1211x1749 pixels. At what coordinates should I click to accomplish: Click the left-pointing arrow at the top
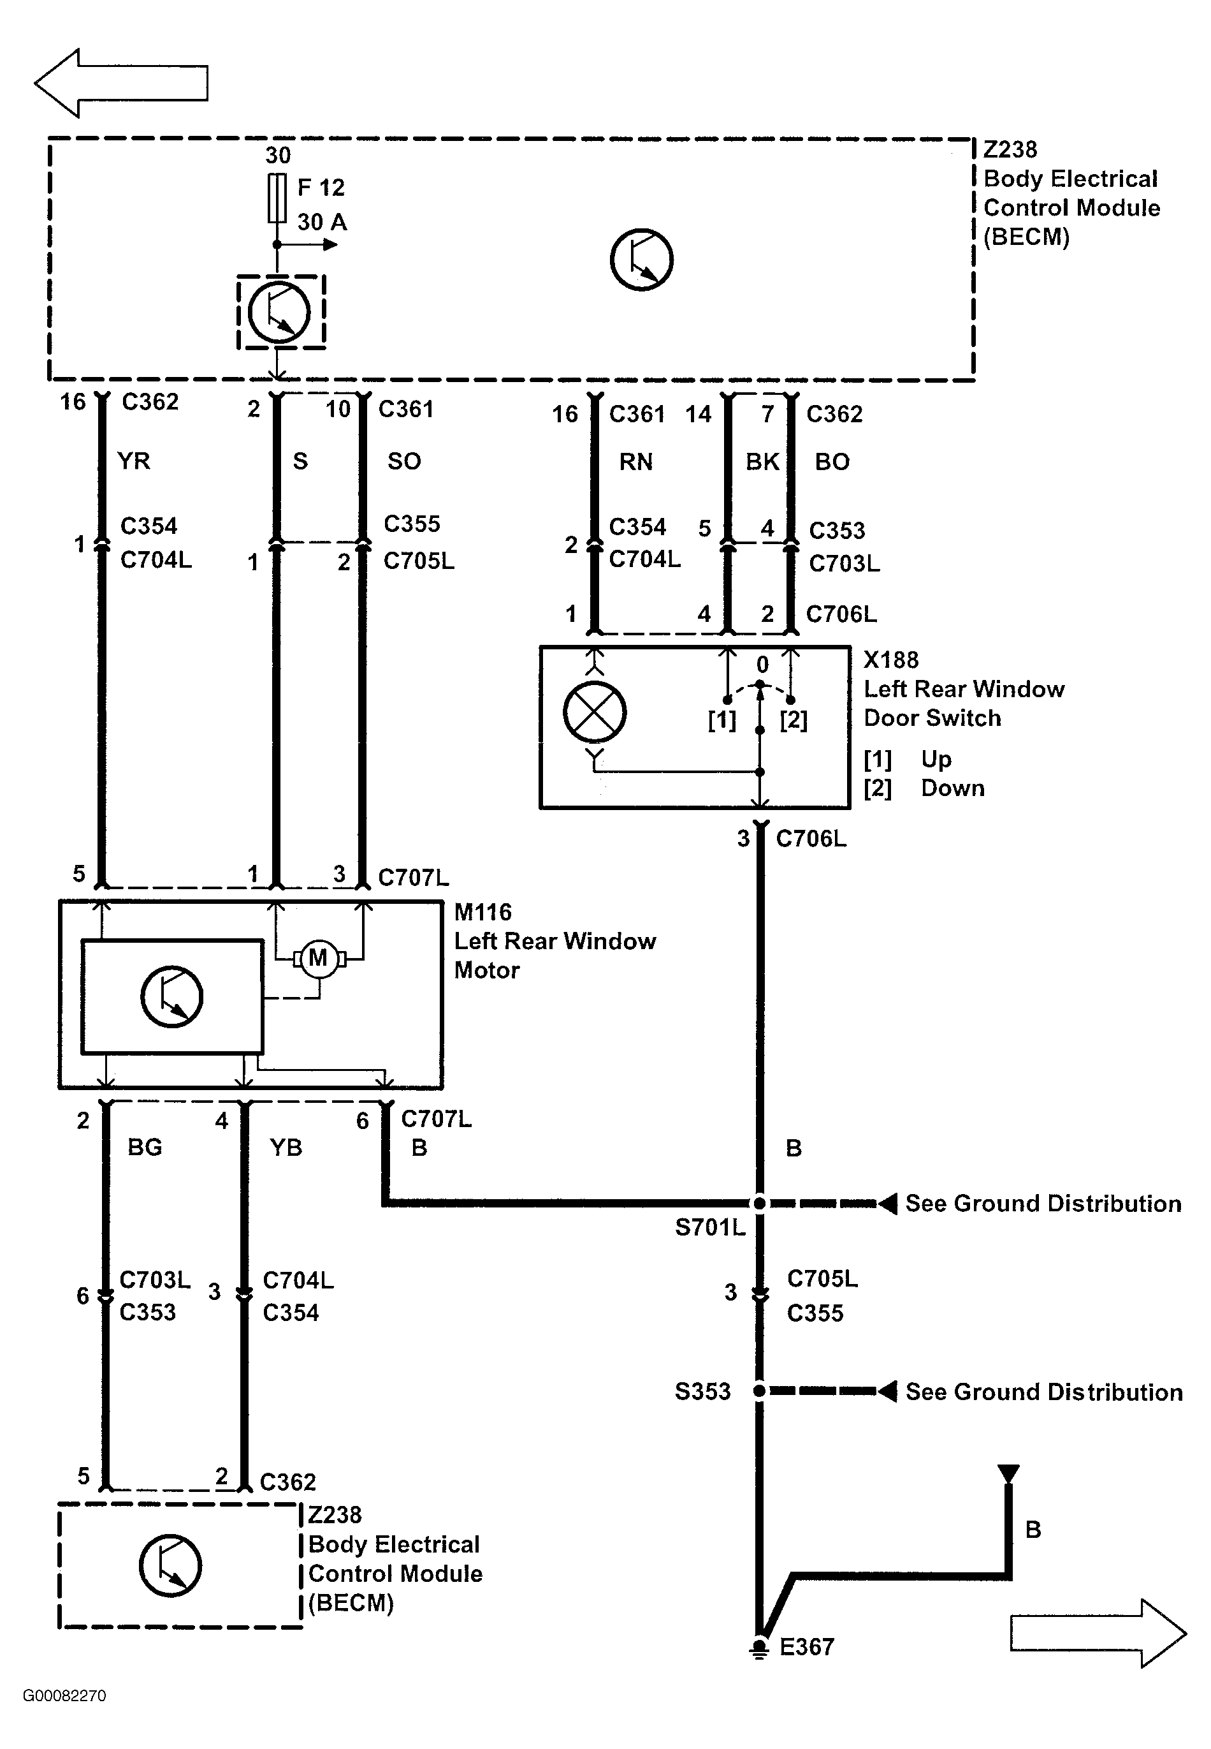tap(120, 83)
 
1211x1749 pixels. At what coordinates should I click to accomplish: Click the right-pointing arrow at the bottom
tap(1098, 1633)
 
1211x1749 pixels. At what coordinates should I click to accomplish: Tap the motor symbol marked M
tap(319, 958)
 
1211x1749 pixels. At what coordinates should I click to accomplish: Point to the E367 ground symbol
tap(758, 1649)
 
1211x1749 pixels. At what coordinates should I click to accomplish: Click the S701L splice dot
tap(760, 1203)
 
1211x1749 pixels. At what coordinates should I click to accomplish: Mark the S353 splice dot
tap(760, 1391)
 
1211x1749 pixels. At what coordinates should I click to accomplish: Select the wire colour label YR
tap(134, 461)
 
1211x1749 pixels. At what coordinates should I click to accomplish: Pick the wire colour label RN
tap(636, 462)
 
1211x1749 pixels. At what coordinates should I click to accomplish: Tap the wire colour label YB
tap(286, 1147)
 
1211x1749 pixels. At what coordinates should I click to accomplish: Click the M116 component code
tap(482, 911)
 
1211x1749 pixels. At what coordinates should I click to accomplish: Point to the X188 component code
tap(891, 660)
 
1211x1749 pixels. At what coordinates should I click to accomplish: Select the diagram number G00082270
tap(64, 1696)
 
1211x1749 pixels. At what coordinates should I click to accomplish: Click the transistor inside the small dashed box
tap(279, 312)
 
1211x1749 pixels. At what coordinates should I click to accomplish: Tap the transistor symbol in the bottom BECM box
tap(171, 1565)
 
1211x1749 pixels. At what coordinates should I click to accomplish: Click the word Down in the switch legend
tap(953, 788)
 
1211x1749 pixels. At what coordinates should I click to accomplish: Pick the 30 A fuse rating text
tap(322, 222)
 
